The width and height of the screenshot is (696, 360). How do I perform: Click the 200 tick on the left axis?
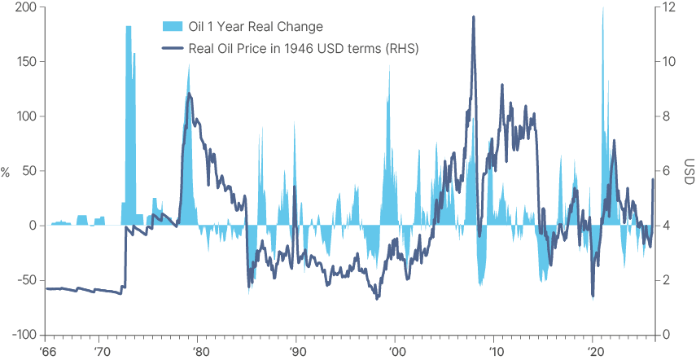pos(26,7)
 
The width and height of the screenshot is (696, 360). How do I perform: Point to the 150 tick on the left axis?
pos(26,62)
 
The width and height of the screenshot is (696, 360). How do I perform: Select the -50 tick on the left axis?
pos(26,280)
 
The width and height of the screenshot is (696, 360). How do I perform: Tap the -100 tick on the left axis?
pos(24,335)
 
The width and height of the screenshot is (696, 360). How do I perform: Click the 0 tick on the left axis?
pos(33,226)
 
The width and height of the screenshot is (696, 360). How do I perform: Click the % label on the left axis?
pos(6,172)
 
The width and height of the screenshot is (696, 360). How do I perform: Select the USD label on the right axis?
pos(689,172)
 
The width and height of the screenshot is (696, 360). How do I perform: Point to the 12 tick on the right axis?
pos(668,7)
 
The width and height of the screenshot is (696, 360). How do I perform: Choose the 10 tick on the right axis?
pos(668,62)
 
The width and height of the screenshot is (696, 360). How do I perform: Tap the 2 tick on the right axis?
pos(666,280)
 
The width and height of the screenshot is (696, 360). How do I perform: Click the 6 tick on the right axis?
pos(666,171)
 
